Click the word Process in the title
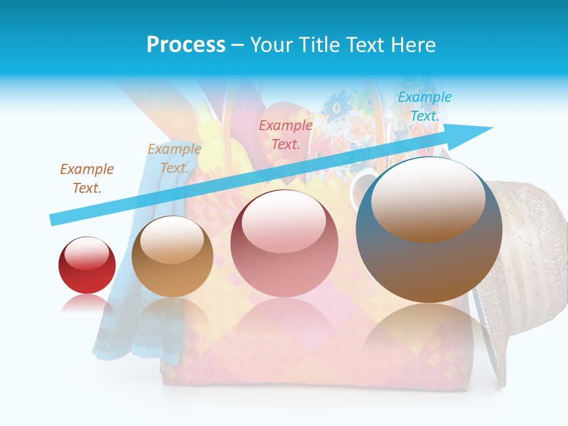(x=186, y=45)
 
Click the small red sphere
(x=87, y=265)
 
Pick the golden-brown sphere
(x=172, y=257)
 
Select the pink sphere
(x=285, y=244)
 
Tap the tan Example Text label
(x=174, y=159)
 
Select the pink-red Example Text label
(x=286, y=134)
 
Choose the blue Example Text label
(x=425, y=106)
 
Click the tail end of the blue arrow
(x=54, y=220)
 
